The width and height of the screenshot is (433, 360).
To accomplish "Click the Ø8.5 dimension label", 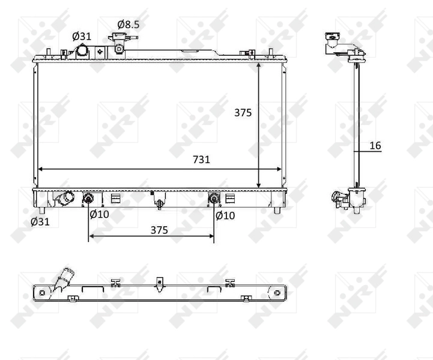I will click(x=129, y=25).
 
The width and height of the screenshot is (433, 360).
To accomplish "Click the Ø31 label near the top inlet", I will click(x=82, y=36).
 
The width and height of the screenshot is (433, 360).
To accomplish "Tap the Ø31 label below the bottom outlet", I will click(x=40, y=221).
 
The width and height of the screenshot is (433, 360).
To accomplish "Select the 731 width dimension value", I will click(x=201, y=160).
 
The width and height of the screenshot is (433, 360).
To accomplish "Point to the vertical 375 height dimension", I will click(x=243, y=112).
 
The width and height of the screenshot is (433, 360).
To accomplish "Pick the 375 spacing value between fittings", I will click(x=159, y=230).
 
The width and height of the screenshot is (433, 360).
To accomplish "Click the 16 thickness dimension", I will click(x=375, y=145).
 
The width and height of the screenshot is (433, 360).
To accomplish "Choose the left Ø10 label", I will click(x=99, y=214).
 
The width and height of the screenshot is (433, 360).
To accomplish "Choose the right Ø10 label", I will click(x=225, y=214).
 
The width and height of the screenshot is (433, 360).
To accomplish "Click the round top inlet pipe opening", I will click(x=82, y=53).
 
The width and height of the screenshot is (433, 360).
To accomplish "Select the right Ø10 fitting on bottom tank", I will click(x=213, y=199).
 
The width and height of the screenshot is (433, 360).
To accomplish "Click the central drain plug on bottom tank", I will click(x=159, y=203).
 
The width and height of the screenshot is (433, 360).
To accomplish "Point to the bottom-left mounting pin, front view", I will click(x=41, y=210).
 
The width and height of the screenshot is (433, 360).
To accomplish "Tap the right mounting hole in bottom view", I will click(x=277, y=293).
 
